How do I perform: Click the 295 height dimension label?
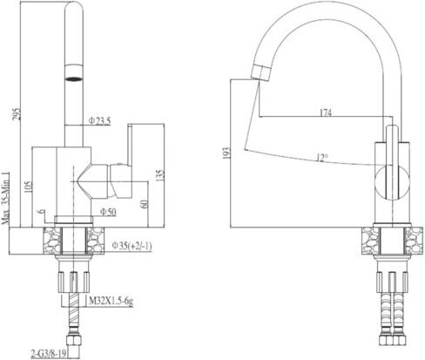point(17,114)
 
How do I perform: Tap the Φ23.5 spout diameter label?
point(100,120)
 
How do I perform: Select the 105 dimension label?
point(28,187)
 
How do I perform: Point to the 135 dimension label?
point(160,175)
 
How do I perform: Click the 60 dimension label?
point(145,203)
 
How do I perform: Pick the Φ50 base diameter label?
point(108,212)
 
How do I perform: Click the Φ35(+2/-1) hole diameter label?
point(132,246)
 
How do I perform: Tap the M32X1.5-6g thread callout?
point(111,302)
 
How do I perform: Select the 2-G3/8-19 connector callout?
point(49,353)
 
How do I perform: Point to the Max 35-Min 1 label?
point(6,198)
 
